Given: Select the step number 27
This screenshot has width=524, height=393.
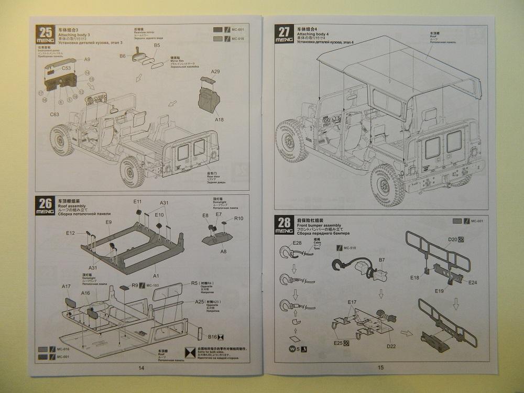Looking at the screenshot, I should click(x=285, y=31).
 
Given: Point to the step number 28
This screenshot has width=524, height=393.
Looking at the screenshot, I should click(x=285, y=221).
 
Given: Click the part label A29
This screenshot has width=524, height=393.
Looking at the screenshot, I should click(x=215, y=71).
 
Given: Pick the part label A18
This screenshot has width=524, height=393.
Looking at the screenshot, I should click(x=219, y=120).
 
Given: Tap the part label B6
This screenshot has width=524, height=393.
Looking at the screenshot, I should click(x=123, y=56).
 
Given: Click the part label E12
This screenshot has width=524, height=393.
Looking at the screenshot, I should click(x=71, y=233).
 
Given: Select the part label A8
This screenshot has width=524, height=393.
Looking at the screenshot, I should click(x=223, y=252).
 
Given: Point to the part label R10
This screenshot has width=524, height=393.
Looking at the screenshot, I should click(x=239, y=219).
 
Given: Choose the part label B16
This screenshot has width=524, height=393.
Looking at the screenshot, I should click(x=213, y=337).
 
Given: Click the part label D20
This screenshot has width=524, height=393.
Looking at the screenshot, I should click(x=453, y=240).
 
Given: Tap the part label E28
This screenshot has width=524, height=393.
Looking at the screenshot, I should click(x=297, y=243).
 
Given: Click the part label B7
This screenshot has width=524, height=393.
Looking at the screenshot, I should click(x=382, y=259).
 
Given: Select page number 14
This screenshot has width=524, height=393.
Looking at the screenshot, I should click(x=141, y=367).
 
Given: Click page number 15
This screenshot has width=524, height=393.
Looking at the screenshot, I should click(x=380, y=367).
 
